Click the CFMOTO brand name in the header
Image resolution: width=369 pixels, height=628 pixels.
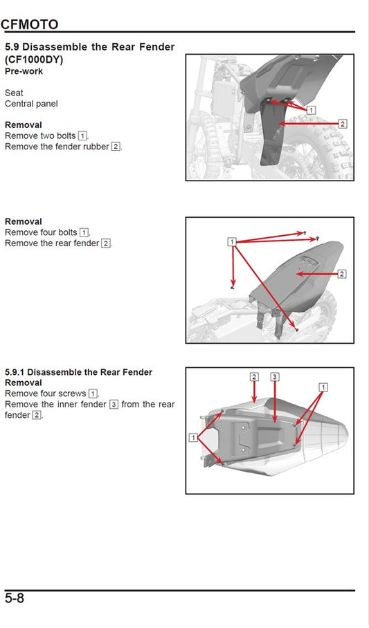30,24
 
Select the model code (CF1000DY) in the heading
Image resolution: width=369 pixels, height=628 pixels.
34,59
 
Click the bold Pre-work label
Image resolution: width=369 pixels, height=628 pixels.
24,71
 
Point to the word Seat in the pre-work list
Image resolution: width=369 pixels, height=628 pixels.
14,93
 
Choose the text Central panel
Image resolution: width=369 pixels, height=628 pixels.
31,104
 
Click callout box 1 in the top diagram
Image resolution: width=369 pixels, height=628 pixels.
311,110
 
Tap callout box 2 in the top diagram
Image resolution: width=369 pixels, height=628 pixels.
342,124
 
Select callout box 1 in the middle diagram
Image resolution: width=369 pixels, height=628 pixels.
232,241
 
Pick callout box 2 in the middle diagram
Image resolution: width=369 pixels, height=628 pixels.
341,274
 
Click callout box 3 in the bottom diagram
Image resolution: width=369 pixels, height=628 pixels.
275,377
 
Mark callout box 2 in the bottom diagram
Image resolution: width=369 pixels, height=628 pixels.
254,377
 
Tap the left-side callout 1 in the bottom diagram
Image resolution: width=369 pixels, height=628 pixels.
193,438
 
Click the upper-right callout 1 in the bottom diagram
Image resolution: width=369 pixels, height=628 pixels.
322,388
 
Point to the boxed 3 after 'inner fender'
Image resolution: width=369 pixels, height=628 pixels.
114,405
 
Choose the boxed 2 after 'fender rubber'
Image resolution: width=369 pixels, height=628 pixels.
116,147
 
